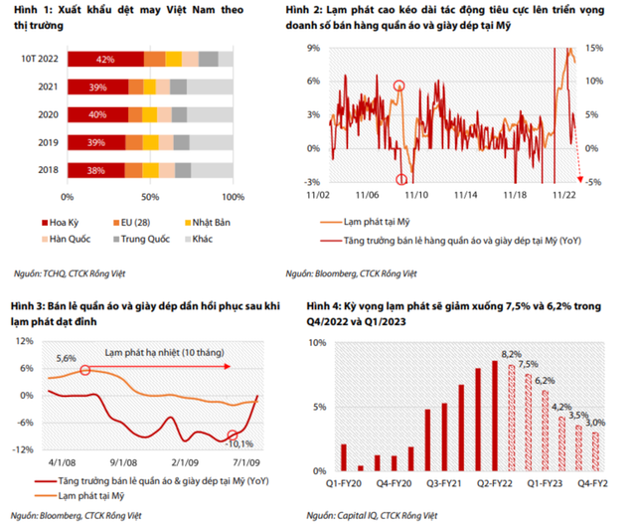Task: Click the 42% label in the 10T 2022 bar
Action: pos(105,61)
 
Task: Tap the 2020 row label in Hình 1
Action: pos(46,115)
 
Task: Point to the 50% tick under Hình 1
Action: pos(150,196)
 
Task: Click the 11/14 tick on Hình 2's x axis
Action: pos(466,196)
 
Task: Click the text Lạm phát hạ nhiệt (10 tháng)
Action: pos(160,351)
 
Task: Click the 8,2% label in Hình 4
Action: pos(510,353)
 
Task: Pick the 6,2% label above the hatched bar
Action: pos(544,380)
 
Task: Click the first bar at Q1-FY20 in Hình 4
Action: pos(344,456)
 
